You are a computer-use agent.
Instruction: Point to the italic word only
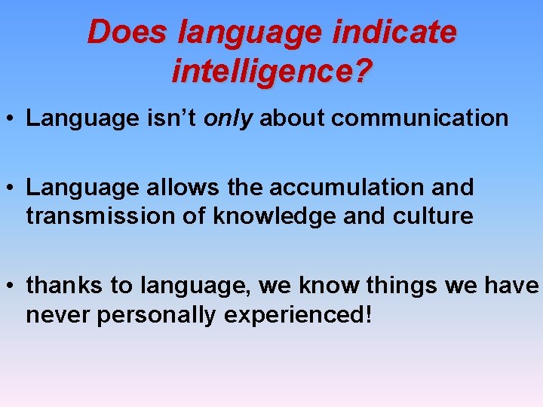(x=229, y=118)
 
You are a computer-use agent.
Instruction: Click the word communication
(x=420, y=118)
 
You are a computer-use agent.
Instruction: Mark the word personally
(x=158, y=315)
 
